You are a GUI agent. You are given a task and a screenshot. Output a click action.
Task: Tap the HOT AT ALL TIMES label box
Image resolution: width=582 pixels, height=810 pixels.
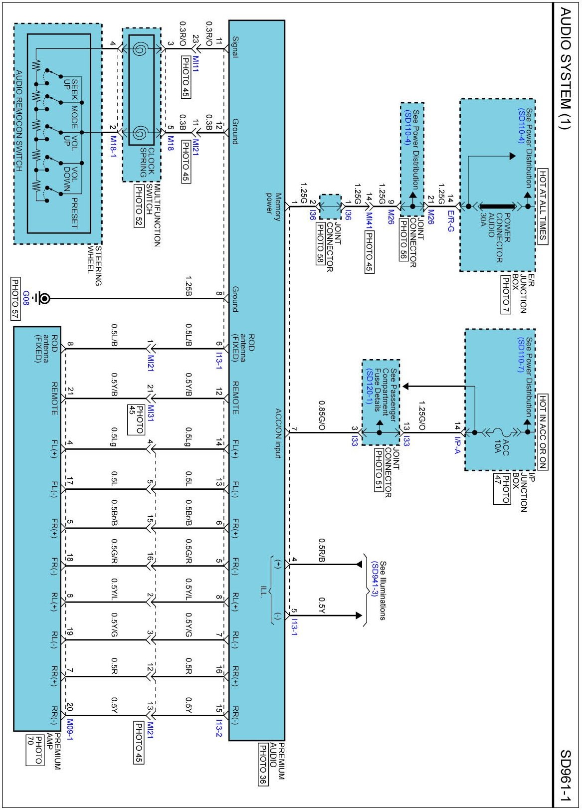tap(543, 206)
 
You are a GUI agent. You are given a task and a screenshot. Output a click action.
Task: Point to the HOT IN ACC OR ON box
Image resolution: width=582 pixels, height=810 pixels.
tap(543, 431)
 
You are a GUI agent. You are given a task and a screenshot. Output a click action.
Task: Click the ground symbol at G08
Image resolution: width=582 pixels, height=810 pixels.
tap(44, 299)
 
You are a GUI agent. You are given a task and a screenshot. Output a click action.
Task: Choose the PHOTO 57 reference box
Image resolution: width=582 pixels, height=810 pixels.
tap(15, 298)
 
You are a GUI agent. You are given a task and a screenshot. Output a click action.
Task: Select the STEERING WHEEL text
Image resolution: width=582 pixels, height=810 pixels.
tap(95, 265)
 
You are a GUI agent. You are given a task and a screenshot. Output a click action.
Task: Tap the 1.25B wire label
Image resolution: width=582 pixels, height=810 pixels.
tap(189, 286)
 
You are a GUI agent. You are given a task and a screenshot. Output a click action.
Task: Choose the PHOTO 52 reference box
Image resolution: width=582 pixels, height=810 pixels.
tap(139, 206)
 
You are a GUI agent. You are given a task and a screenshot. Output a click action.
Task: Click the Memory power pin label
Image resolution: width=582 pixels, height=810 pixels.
tap(274, 203)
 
